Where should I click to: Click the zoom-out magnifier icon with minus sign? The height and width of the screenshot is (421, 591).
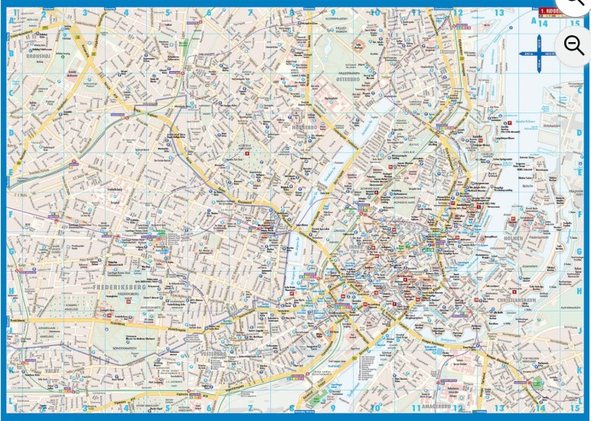click(574, 44)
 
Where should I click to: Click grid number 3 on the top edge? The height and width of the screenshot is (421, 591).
click(85, 12)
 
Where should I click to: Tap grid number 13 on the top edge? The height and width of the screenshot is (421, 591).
click(499, 12)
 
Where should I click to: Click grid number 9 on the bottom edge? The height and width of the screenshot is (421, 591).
click(334, 409)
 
